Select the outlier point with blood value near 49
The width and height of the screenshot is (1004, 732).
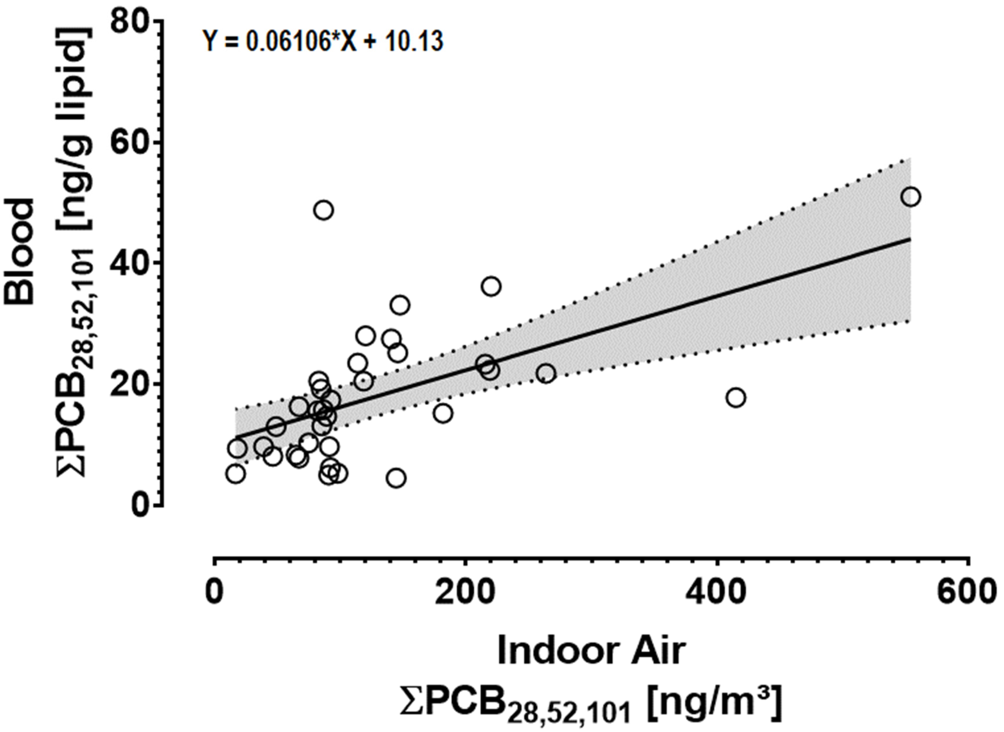(324, 210)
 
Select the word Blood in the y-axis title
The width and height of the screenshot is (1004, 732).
(20, 252)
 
